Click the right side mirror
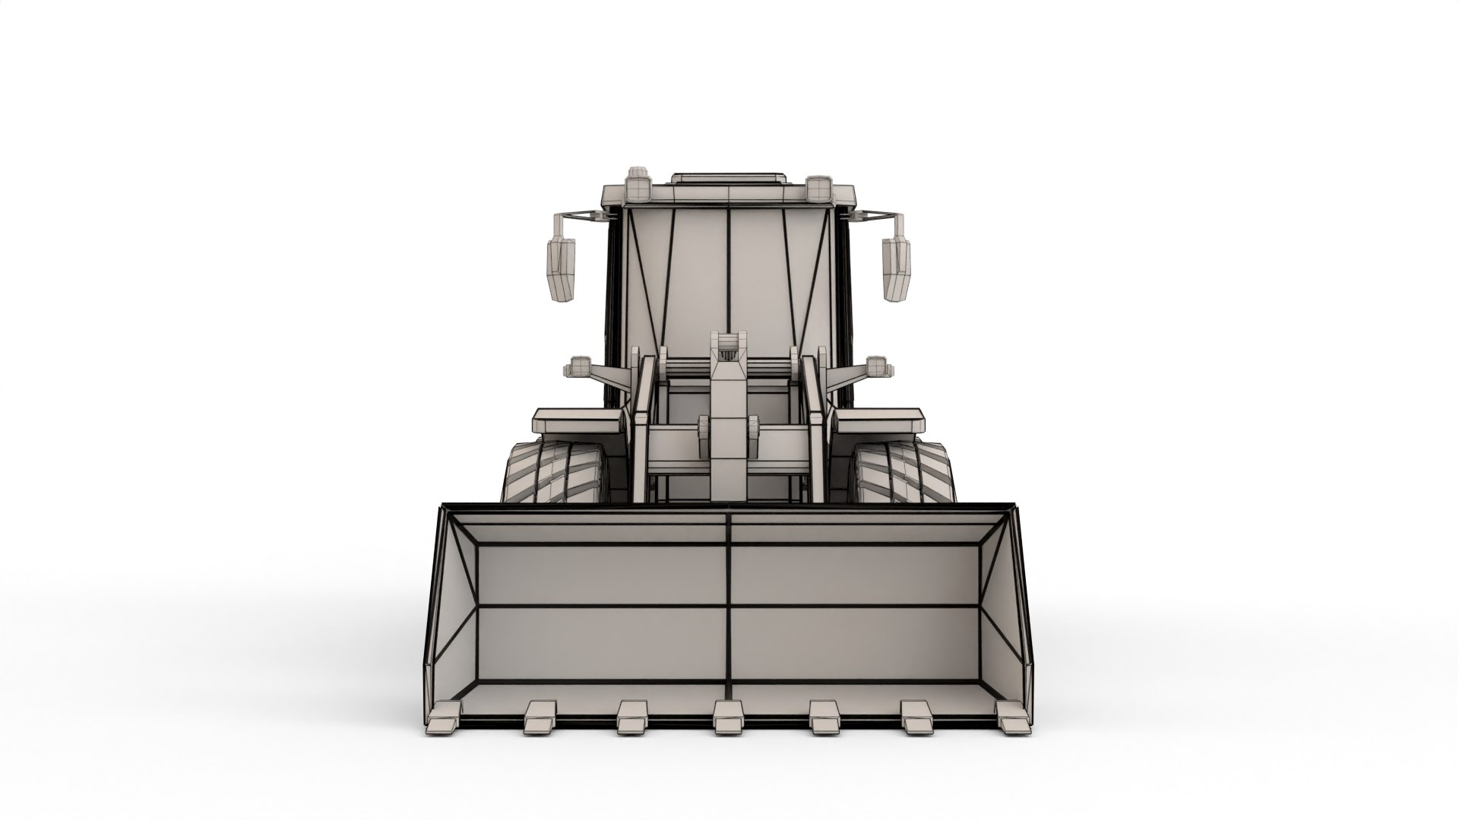[896, 268]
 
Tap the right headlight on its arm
[878, 367]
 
